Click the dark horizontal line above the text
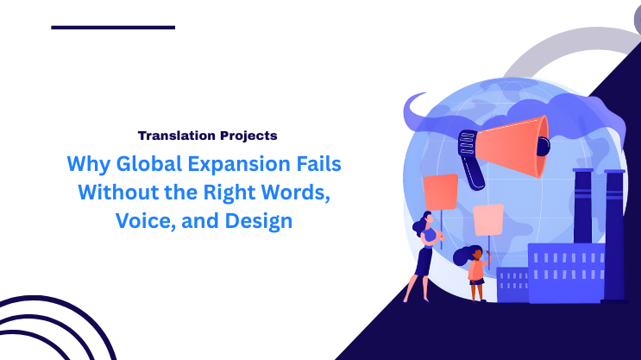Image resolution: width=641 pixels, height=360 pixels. click(113, 28)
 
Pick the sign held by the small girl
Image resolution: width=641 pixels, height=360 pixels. click(488, 219)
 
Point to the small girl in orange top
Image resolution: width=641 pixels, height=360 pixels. click(475, 272)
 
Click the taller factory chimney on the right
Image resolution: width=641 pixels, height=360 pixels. click(614, 233)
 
